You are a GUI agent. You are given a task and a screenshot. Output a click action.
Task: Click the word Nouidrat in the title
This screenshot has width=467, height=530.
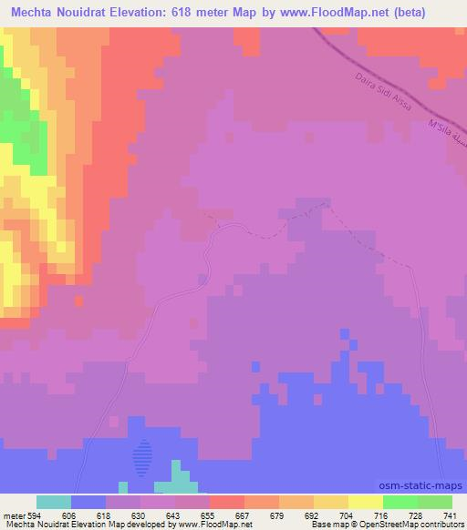pyautogui.click(x=96, y=14)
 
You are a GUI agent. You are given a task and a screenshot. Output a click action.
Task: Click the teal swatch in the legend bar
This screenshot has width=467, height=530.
pyautogui.click(x=54, y=502)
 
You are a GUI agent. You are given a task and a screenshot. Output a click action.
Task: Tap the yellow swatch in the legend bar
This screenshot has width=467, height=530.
pyautogui.click(x=366, y=502)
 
